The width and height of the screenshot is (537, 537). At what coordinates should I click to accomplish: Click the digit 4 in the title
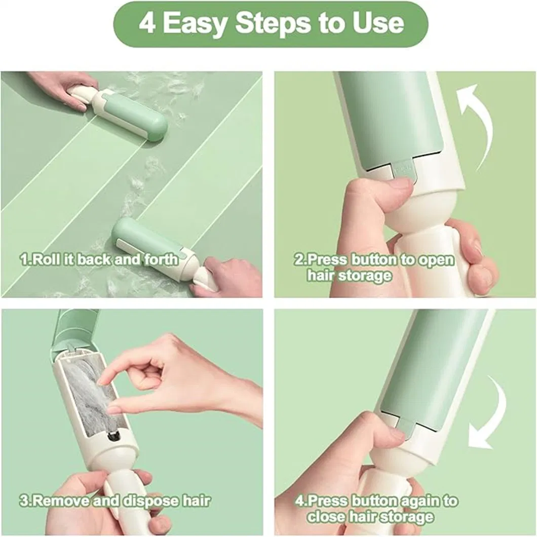coord(146,23)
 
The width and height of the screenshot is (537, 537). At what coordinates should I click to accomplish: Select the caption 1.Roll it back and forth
coord(99,260)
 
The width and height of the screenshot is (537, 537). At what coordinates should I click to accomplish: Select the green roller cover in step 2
coord(390,117)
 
